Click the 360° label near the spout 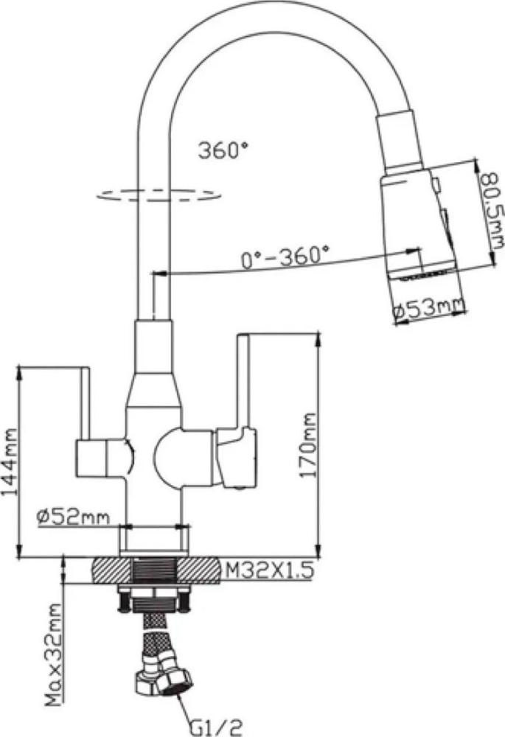223,150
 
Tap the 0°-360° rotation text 285,257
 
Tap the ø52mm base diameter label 73,517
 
